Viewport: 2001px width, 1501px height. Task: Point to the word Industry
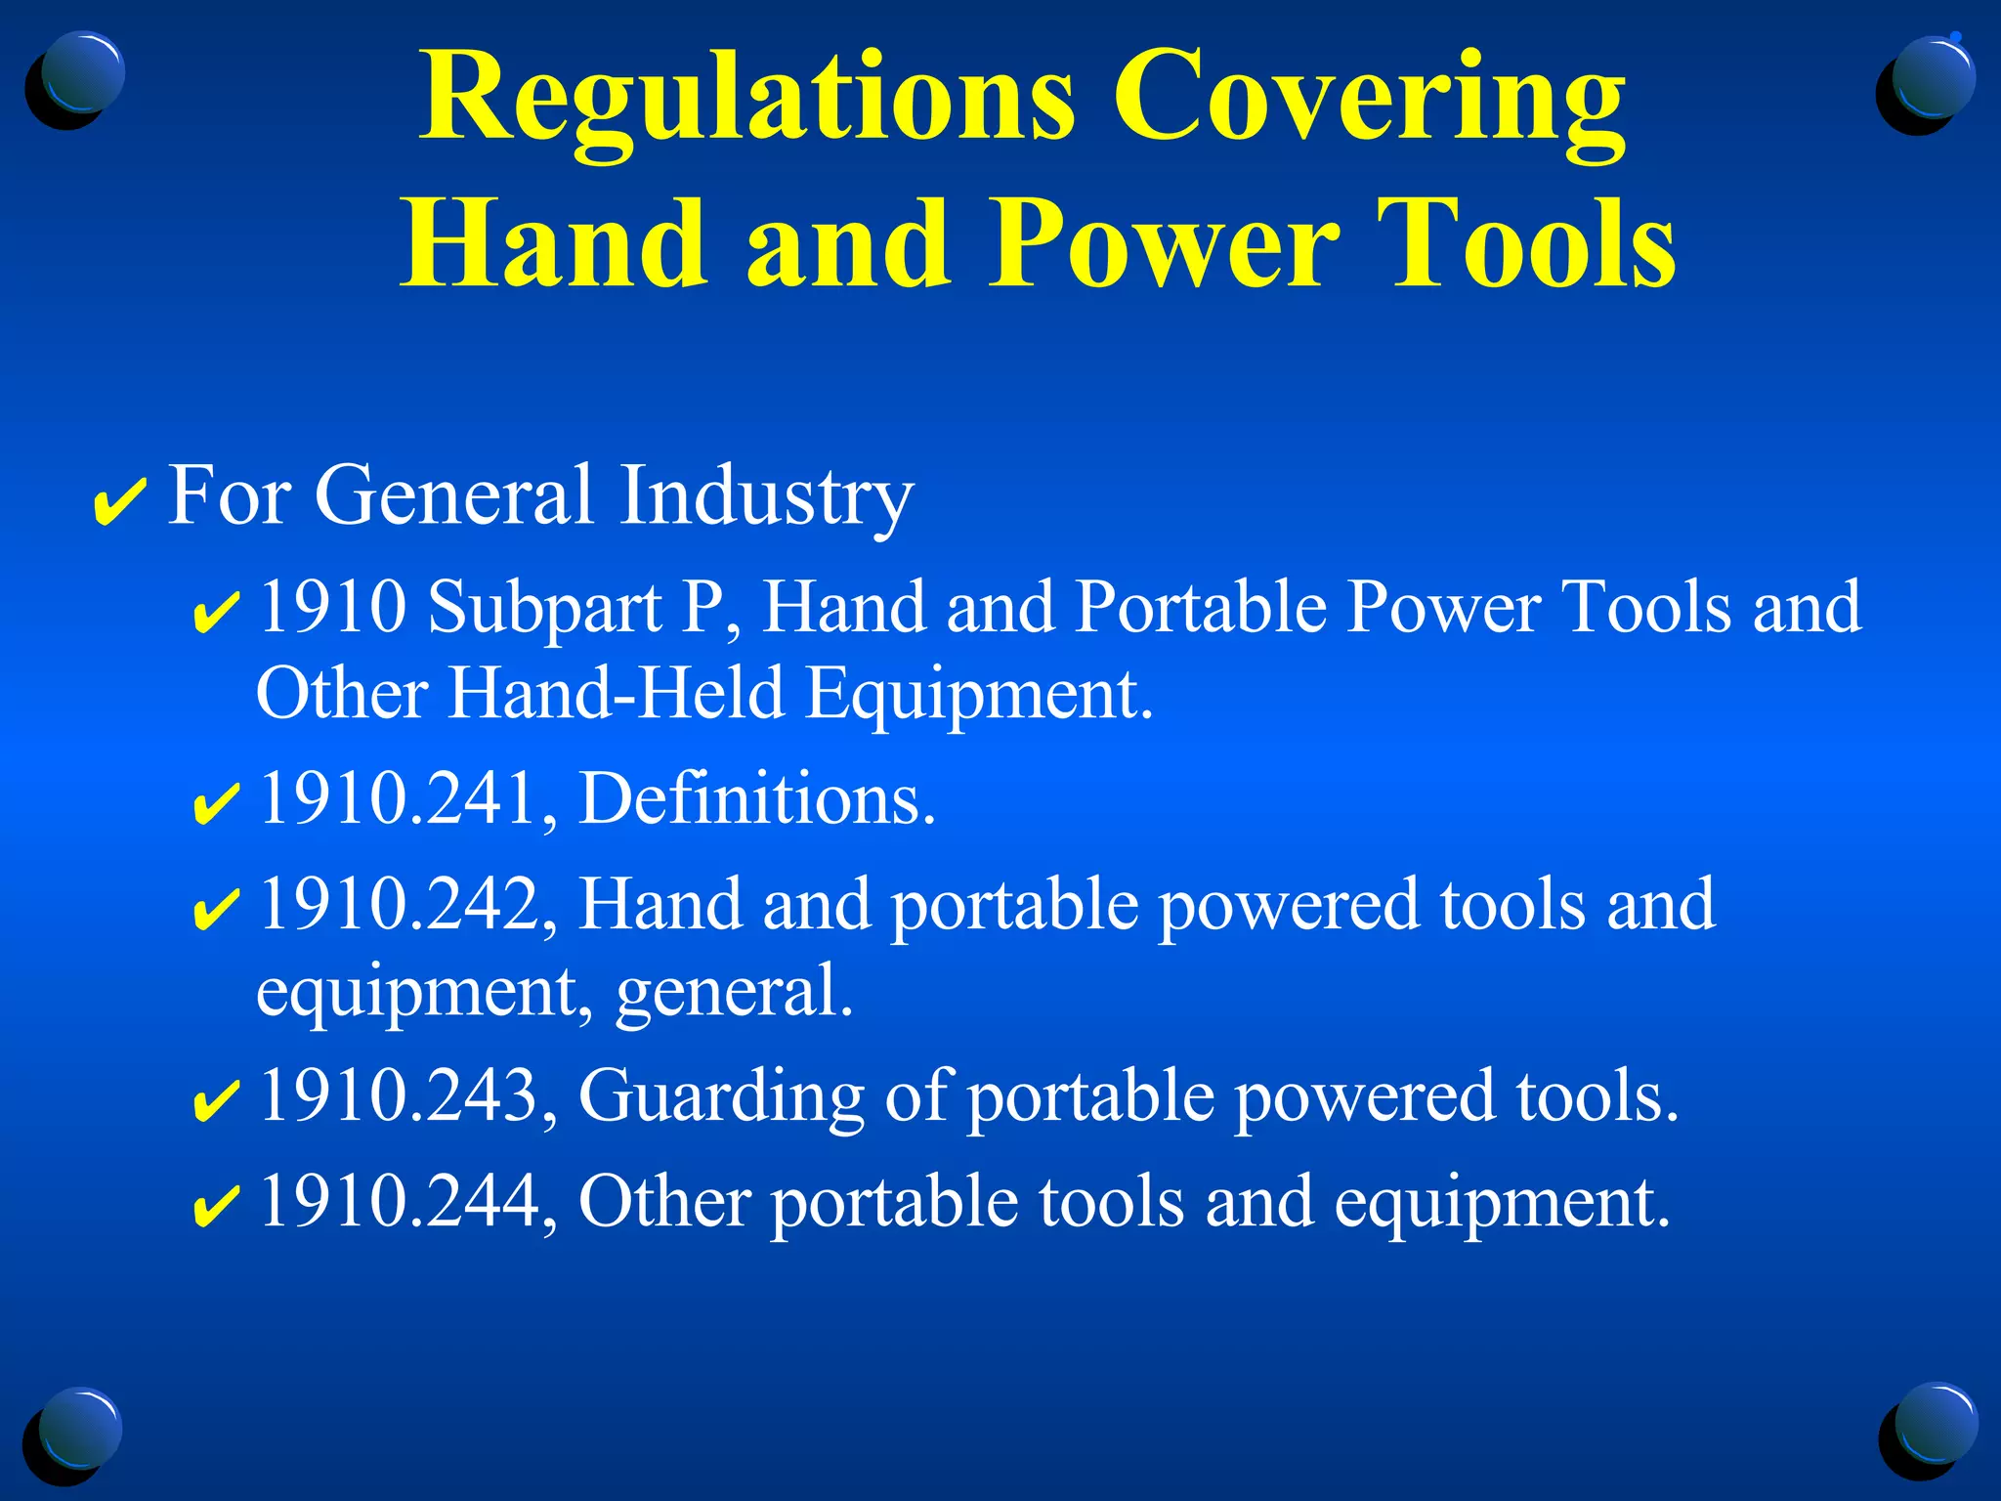tap(765, 496)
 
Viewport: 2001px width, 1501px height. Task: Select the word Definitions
tap(757, 799)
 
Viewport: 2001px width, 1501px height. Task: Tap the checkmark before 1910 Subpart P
tap(216, 613)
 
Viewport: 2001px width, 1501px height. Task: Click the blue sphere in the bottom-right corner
tap(1933, 1427)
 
